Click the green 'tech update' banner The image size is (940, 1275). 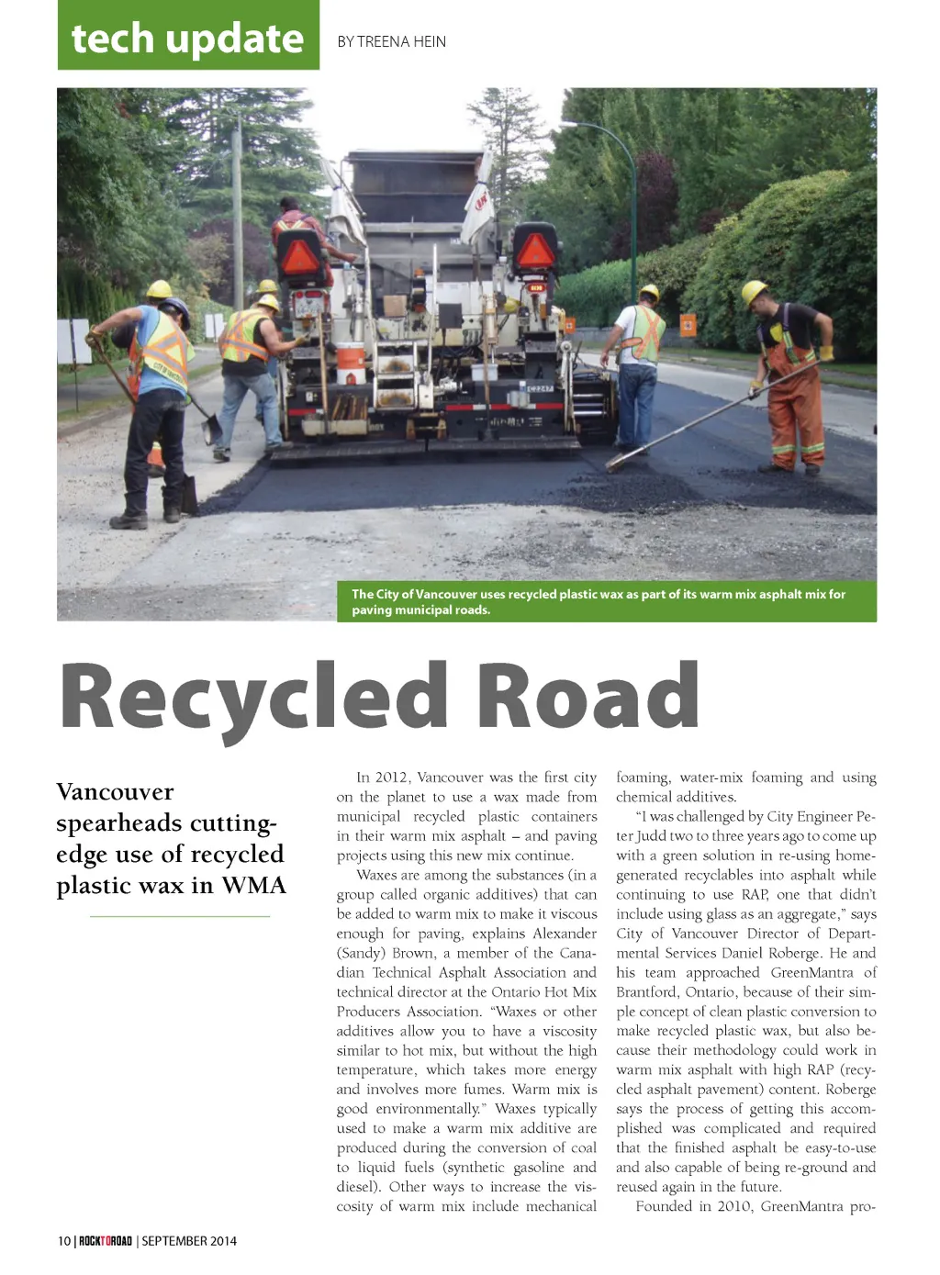click(x=188, y=37)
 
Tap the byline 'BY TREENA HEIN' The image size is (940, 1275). click(x=392, y=41)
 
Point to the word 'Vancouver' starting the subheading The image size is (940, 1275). click(x=115, y=792)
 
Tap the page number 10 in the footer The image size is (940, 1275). click(x=64, y=1241)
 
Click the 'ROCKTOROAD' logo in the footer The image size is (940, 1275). click(x=106, y=1241)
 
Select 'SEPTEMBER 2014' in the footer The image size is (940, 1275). click(x=189, y=1241)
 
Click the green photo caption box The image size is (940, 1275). click(x=606, y=602)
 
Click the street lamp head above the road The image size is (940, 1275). click(x=569, y=124)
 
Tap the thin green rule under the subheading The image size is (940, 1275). click(x=180, y=916)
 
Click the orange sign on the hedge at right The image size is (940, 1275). click(x=688, y=325)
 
